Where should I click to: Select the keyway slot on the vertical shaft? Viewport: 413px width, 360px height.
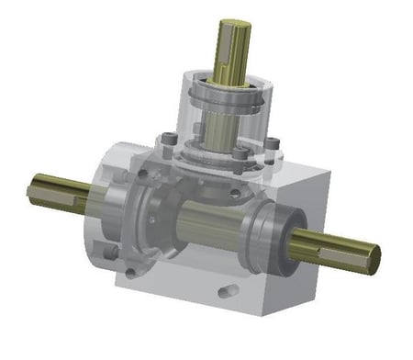tap(229, 51)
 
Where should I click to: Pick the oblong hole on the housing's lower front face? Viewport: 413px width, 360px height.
tap(224, 292)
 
